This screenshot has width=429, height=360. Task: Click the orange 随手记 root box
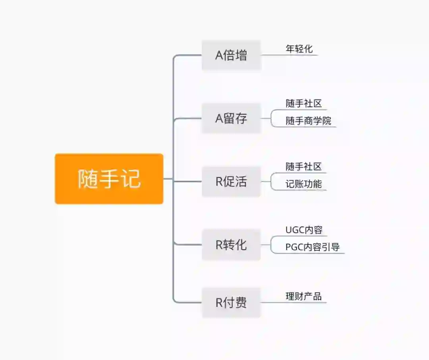pyautogui.click(x=109, y=179)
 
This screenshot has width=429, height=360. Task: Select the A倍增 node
pyautogui.click(x=231, y=55)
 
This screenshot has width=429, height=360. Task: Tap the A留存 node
pyautogui.click(x=231, y=118)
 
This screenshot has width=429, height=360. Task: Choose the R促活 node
pyautogui.click(x=231, y=182)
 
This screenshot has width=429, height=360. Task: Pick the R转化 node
pyautogui.click(x=231, y=245)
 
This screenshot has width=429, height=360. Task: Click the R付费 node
pyautogui.click(x=231, y=303)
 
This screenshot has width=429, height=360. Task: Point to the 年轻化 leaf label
pyautogui.click(x=299, y=49)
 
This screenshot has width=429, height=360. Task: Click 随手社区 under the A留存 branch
pyautogui.click(x=303, y=104)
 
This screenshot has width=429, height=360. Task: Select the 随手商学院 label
pyautogui.click(x=308, y=121)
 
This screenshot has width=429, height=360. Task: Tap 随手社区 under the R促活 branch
pyautogui.click(x=303, y=167)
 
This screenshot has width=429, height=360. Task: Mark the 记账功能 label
pyautogui.click(x=303, y=184)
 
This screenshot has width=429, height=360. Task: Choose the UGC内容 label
pyautogui.click(x=304, y=230)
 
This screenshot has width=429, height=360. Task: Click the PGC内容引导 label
pyautogui.click(x=313, y=247)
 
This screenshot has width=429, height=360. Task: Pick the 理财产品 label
pyautogui.click(x=303, y=296)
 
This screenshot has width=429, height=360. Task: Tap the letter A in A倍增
pyautogui.click(x=219, y=56)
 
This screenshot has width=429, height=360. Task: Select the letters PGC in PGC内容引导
pyautogui.click(x=294, y=247)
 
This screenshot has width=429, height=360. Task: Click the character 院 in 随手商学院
pyautogui.click(x=327, y=121)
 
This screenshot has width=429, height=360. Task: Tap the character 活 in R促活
pyautogui.click(x=241, y=182)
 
